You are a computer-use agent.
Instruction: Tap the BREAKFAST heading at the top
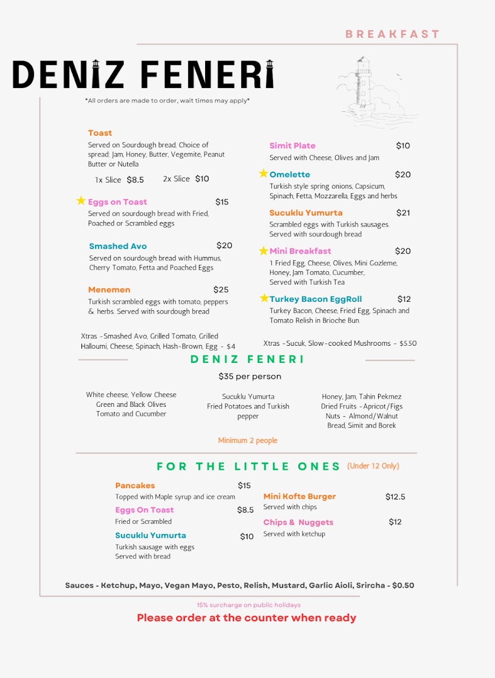tap(392, 34)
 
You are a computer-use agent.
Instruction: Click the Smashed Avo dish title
tap(118, 246)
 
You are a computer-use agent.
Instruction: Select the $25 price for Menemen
tap(221, 290)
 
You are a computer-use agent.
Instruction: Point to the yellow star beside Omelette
tap(263, 173)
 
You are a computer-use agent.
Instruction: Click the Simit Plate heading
tap(292, 146)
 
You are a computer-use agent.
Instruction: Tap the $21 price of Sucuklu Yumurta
tap(403, 213)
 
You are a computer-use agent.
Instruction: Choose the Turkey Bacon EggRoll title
tap(315, 299)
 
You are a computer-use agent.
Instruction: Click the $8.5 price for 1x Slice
tap(135, 180)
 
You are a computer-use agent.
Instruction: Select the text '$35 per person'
tap(250, 376)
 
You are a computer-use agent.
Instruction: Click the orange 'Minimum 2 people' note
tap(248, 441)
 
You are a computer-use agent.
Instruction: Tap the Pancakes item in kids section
tap(134, 486)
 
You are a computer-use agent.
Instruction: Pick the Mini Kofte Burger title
tap(299, 497)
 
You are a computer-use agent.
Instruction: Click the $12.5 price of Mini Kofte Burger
tap(395, 497)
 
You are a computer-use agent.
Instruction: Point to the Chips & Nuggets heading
tap(298, 523)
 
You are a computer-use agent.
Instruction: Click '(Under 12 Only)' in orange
tap(373, 466)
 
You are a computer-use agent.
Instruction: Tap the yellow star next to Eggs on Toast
tap(81, 201)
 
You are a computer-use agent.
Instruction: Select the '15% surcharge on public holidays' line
tap(249, 605)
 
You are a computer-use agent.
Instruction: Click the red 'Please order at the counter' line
tap(246, 618)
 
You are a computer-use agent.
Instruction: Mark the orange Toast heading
tap(100, 133)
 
